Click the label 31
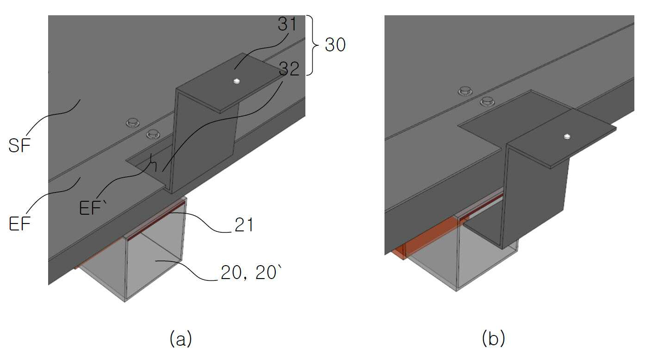[x=287, y=24]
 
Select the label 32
[x=289, y=69]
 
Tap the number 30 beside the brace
[x=335, y=45]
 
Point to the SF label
[x=19, y=145]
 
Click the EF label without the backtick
[x=19, y=224]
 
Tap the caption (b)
[x=493, y=338]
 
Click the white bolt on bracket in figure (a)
[x=237, y=81]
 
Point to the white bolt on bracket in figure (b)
[x=567, y=137]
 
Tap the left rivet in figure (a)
[x=133, y=123]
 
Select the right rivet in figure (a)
[x=153, y=134]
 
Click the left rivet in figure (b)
[x=465, y=91]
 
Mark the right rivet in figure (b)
[x=487, y=101]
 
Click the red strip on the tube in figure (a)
[x=156, y=220]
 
